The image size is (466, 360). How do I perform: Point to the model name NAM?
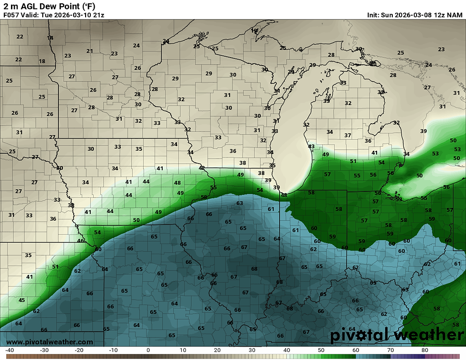(455, 15)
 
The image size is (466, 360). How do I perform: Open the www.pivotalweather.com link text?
(49, 342)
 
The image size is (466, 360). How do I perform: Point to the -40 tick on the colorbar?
(9, 350)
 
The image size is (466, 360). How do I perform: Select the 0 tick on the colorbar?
(148, 350)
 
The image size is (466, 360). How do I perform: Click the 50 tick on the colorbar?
(321, 350)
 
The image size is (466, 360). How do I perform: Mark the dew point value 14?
(50, 38)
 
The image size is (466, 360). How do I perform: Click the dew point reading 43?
(311, 146)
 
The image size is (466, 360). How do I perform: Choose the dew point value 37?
(348, 136)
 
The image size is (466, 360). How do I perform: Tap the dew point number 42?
(202, 168)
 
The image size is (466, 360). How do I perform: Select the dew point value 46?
(80, 241)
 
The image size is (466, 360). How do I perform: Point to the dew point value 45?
(21, 300)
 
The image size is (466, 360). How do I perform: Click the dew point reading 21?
(89, 51)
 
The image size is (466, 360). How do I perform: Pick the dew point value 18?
(42, 61)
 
